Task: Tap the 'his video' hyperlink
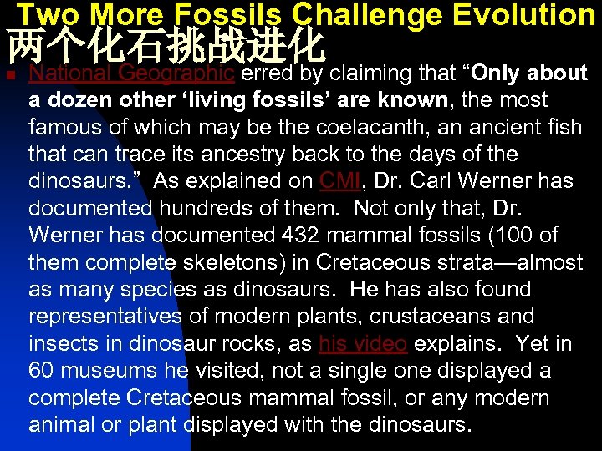pos(362,343)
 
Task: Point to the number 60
pos(41,370)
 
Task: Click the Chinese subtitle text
pos(165,47)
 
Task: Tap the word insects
pos(62,343)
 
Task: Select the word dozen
pos(84,100)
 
